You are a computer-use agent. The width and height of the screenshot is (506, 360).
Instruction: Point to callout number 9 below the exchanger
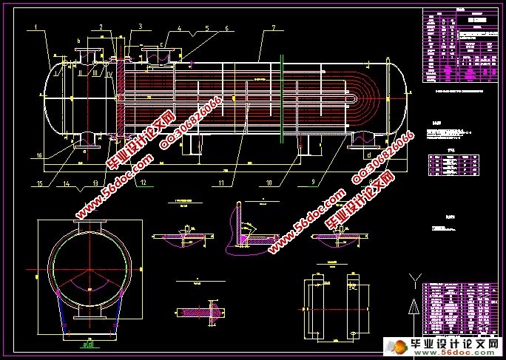tap(314, 180)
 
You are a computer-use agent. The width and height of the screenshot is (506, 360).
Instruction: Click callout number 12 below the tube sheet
tap(143, 181)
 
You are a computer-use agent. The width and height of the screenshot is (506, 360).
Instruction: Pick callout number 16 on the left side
tap(38, 155)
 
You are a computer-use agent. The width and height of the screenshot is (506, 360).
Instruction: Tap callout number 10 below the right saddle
tap(269, 180)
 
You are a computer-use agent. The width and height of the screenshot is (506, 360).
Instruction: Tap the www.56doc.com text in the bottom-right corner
tap(465, 353)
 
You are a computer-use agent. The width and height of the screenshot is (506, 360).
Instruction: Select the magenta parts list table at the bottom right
tap(456, 306)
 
